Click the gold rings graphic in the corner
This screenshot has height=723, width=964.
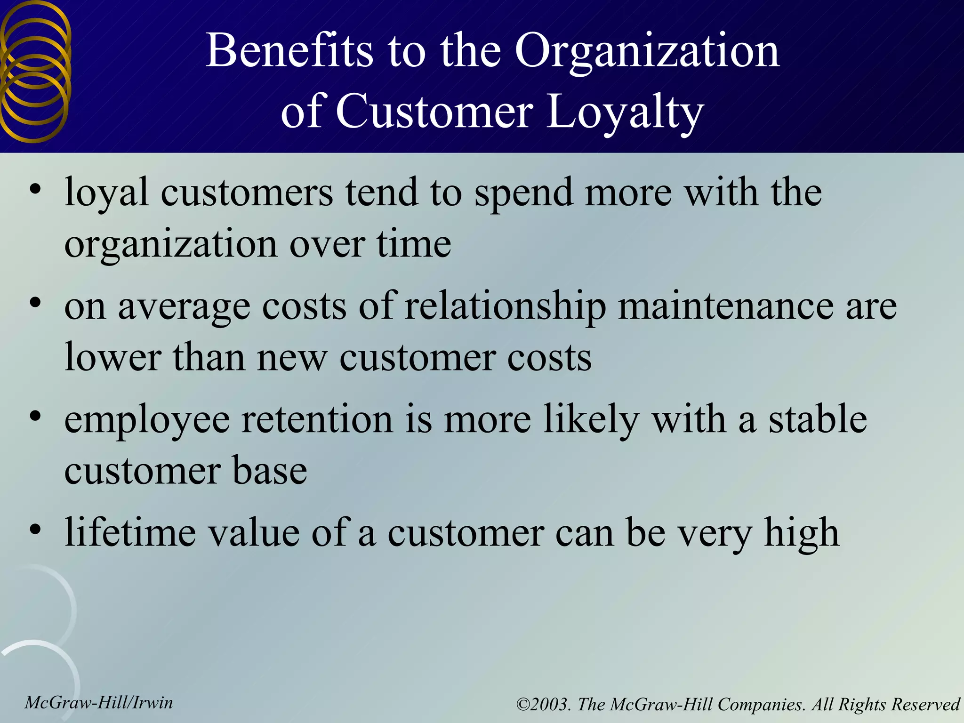pos(35,71)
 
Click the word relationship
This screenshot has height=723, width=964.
pos(505,307)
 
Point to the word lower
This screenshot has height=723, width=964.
pos(113,357)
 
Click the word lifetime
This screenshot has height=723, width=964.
pos(130,532)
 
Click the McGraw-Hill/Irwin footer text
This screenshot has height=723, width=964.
pos(99,703)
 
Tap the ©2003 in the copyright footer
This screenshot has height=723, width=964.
pos(544,705)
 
